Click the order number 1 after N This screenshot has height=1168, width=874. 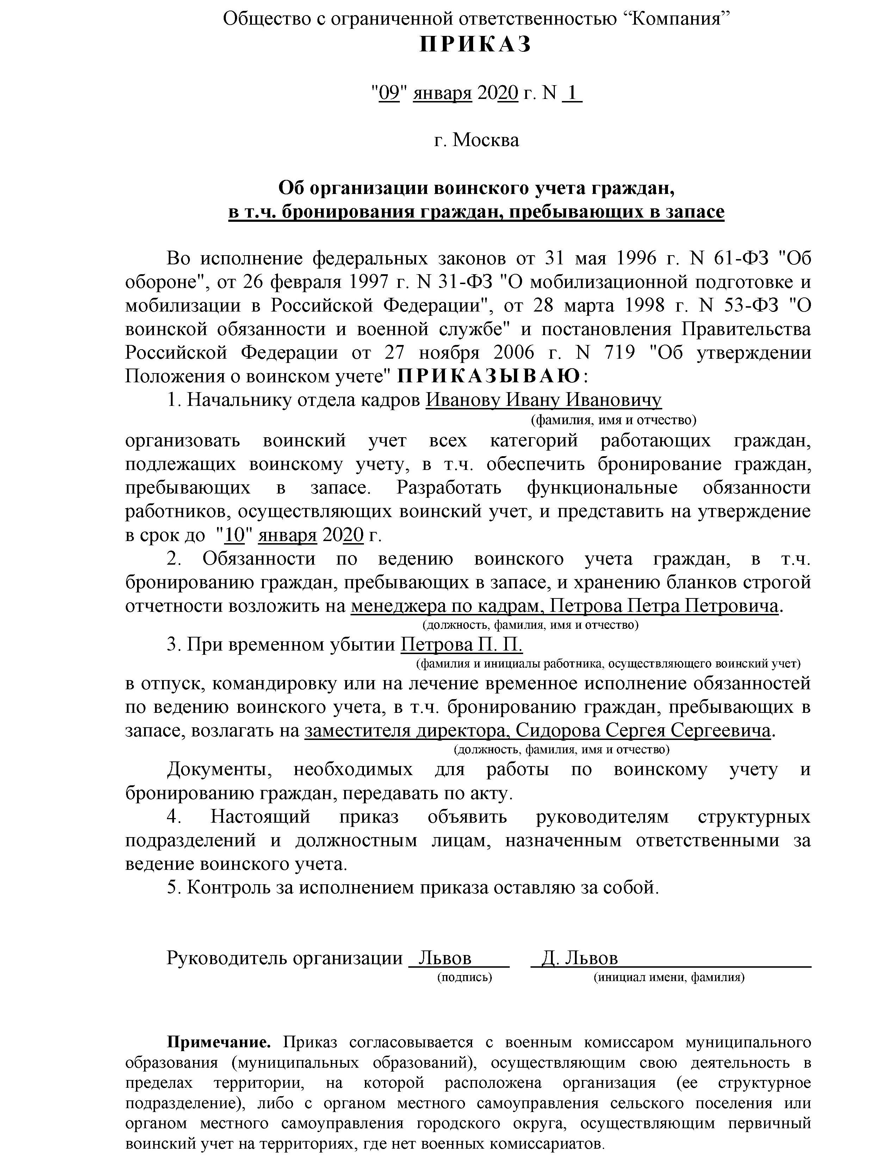(572, 94)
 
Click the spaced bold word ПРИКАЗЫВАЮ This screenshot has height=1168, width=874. (489, 377)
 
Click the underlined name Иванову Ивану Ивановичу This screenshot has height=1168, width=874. (543, 400)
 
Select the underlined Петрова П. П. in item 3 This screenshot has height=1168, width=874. (461, 645)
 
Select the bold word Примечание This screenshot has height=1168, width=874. (219, 1042)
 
